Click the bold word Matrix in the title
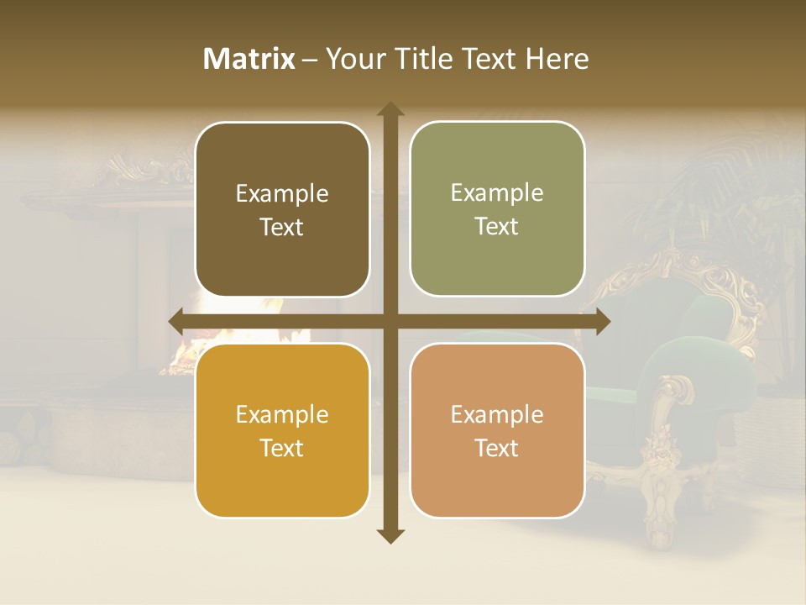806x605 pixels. pyautogui.click(x=249, y=59)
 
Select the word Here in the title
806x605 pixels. pyautogui.click(x=557, y=59)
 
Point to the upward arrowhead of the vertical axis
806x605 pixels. pyautogui.click(x=390, y=110)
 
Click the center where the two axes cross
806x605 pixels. pyautogui.click(x=390, y=321)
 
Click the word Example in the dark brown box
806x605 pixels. pyautogui.click(x=282, y=194)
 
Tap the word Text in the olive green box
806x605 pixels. pyautogui.click(x=497, y=227)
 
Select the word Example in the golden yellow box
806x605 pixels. pyautogui.click(x=282, y=415)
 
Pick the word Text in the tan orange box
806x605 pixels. pyautogui.click(x=497, y=448)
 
